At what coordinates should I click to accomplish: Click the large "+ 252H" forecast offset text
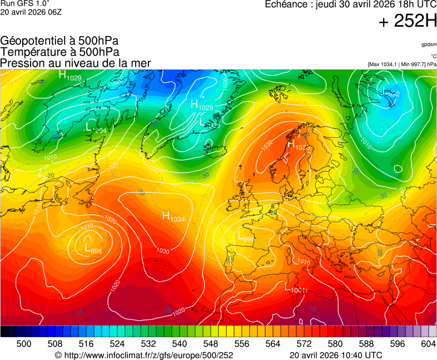click(x=408, y=22)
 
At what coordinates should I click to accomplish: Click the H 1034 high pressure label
click(x=174, y=217)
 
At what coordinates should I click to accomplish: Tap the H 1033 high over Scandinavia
click(x=299, y=146)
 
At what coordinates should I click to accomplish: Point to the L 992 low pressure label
click(x=391, y=93)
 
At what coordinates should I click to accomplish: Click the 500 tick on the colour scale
click(x=24, y=344)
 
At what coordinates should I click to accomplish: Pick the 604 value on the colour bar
click(x=429, y=344)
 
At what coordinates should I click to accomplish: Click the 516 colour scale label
click(x=86, y=344)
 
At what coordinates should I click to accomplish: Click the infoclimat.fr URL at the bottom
click(x=144, y=355)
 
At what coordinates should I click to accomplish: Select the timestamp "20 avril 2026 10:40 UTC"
click(x=336, y=355)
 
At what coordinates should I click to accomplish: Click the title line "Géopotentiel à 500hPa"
click(x=59, y=41)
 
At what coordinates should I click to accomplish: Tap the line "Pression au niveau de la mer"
click(x=76, y=63)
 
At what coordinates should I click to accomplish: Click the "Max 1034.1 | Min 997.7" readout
click(x=402, y=64)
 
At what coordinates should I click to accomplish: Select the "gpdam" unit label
click(x=429, y=44)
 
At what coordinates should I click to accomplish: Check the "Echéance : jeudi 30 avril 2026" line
click(x=350, y=5)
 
